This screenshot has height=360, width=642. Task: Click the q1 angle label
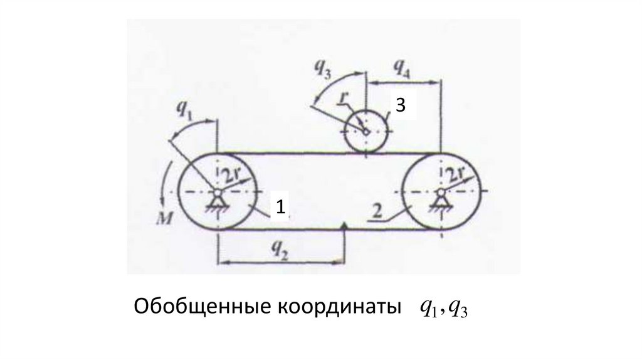click(186, 111)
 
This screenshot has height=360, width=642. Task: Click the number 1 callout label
click(282, 206)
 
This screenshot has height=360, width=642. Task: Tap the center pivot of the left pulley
click(217, 192)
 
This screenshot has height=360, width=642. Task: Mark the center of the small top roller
click(366, 131)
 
